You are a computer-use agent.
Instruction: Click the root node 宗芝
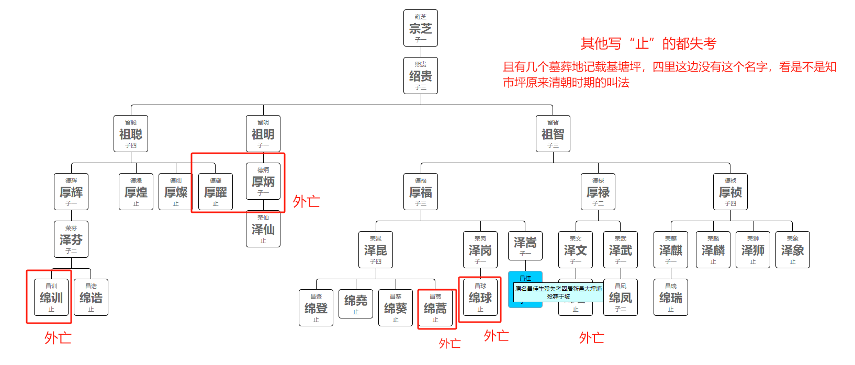[x=420, y=28]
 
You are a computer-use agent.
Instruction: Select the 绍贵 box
[x=420, y=76]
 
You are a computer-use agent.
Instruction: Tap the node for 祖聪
[x=131, y=134]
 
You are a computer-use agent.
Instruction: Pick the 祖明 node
[x=263, y=134]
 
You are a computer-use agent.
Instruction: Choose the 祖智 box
[x=553, y=134]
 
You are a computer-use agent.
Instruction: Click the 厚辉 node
[x=71, y=192]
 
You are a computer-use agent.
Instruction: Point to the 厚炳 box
[x=263, y=181]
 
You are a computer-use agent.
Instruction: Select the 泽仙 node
[x=263, y=229]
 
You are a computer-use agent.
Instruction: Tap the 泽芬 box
[x=71, y=239]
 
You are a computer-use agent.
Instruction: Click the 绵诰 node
[x=91, y=298]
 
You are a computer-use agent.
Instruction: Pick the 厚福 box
[x=420, y=192]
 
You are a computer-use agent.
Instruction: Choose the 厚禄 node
[x=598, y=192]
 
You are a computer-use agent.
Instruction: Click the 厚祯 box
[x=730, y=192]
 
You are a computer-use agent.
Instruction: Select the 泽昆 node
[x=375, y=250]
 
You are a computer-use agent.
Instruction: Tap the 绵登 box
[x=316, y=308]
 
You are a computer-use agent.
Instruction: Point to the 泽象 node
[x=792, y=250]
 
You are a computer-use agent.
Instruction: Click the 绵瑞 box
[x=670, y=298]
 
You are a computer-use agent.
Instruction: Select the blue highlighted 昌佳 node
[x=525, y=278]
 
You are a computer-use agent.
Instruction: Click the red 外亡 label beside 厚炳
[x=306, y=201]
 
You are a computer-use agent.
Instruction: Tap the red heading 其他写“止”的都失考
[x=648, y=43]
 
